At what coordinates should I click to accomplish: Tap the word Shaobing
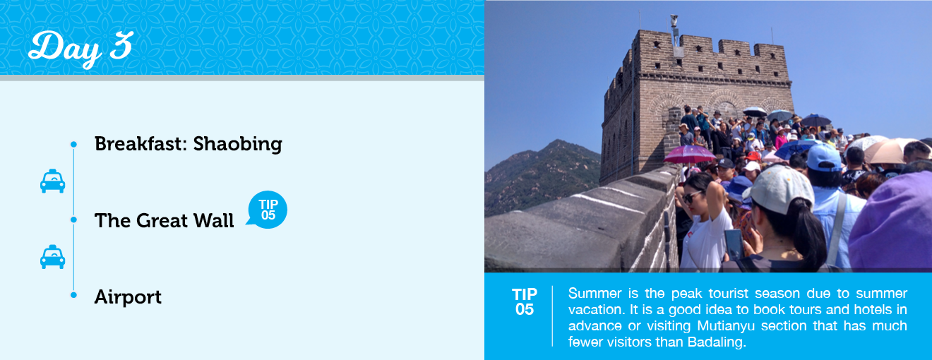237,145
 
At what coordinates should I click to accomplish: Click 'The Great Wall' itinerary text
164,220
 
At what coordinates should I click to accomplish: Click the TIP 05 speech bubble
268,210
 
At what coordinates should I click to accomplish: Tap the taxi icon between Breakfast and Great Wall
52,181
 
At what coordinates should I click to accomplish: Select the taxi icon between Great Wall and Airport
52,257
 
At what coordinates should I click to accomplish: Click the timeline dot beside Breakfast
73,145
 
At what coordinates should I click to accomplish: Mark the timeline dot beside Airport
73,295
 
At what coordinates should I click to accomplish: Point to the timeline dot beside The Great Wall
73,220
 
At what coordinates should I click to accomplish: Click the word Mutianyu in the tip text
726,326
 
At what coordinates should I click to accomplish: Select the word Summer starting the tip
595,294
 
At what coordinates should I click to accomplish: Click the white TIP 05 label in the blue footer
524,301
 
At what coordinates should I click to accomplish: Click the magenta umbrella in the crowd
689,155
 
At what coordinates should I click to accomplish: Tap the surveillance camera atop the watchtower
674,20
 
